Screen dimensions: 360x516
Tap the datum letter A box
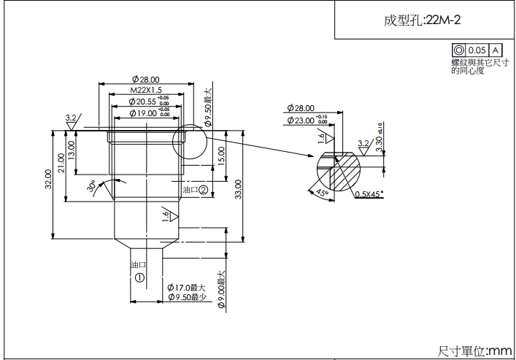[496, 50]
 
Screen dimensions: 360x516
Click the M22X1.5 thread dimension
[145, 89]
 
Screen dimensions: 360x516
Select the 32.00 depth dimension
[48, 180]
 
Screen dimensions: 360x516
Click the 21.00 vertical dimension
[61, 164]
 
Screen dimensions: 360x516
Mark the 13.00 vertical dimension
[71, 150]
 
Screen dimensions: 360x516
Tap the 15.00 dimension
[220, 154]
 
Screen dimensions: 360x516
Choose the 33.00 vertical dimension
[237, 190]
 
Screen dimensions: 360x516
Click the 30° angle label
[93, 187]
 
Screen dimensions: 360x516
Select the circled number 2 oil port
[204, 189]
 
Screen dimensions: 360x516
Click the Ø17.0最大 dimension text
[186, 288]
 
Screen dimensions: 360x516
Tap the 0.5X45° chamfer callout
[369, 194]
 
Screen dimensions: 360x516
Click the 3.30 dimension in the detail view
[377, 140]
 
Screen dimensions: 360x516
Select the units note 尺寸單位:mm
[474, 351]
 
